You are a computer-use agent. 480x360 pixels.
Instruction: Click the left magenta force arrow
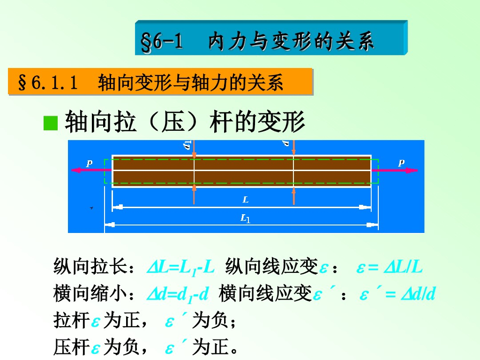(87, 170)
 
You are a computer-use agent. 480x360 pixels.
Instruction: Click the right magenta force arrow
(402, 170)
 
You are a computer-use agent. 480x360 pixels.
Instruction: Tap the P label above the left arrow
(89, 163)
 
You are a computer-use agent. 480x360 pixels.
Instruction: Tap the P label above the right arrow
(401, 163)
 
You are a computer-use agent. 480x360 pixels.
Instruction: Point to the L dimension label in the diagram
(245, 200)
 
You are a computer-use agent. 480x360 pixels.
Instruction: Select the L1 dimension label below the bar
(245, 218)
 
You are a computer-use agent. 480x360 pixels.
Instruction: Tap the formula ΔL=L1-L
(180, 267)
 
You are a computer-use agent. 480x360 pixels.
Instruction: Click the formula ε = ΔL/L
(390, 267)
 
